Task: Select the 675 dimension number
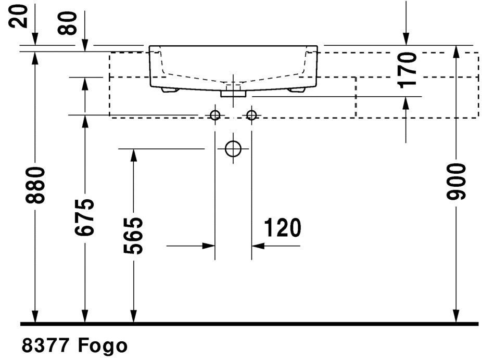(84, 217)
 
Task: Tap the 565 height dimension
(133, 236)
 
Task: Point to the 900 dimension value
(456, 182)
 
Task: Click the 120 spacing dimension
(283, 228)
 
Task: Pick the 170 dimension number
(407, 70)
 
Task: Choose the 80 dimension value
(67, 23)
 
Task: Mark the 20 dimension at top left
(18, 16)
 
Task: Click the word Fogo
(103, 345)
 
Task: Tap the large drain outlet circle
(233, 149)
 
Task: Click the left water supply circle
(215, 115)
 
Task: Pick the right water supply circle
(251, 115)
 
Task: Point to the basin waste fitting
(233, 93)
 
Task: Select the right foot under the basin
(296, 89)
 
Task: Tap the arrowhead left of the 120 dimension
(208, 246)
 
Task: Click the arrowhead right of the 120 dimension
(258, 246)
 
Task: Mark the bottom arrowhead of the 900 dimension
(456, 316)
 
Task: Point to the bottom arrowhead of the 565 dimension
(133, 316)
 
